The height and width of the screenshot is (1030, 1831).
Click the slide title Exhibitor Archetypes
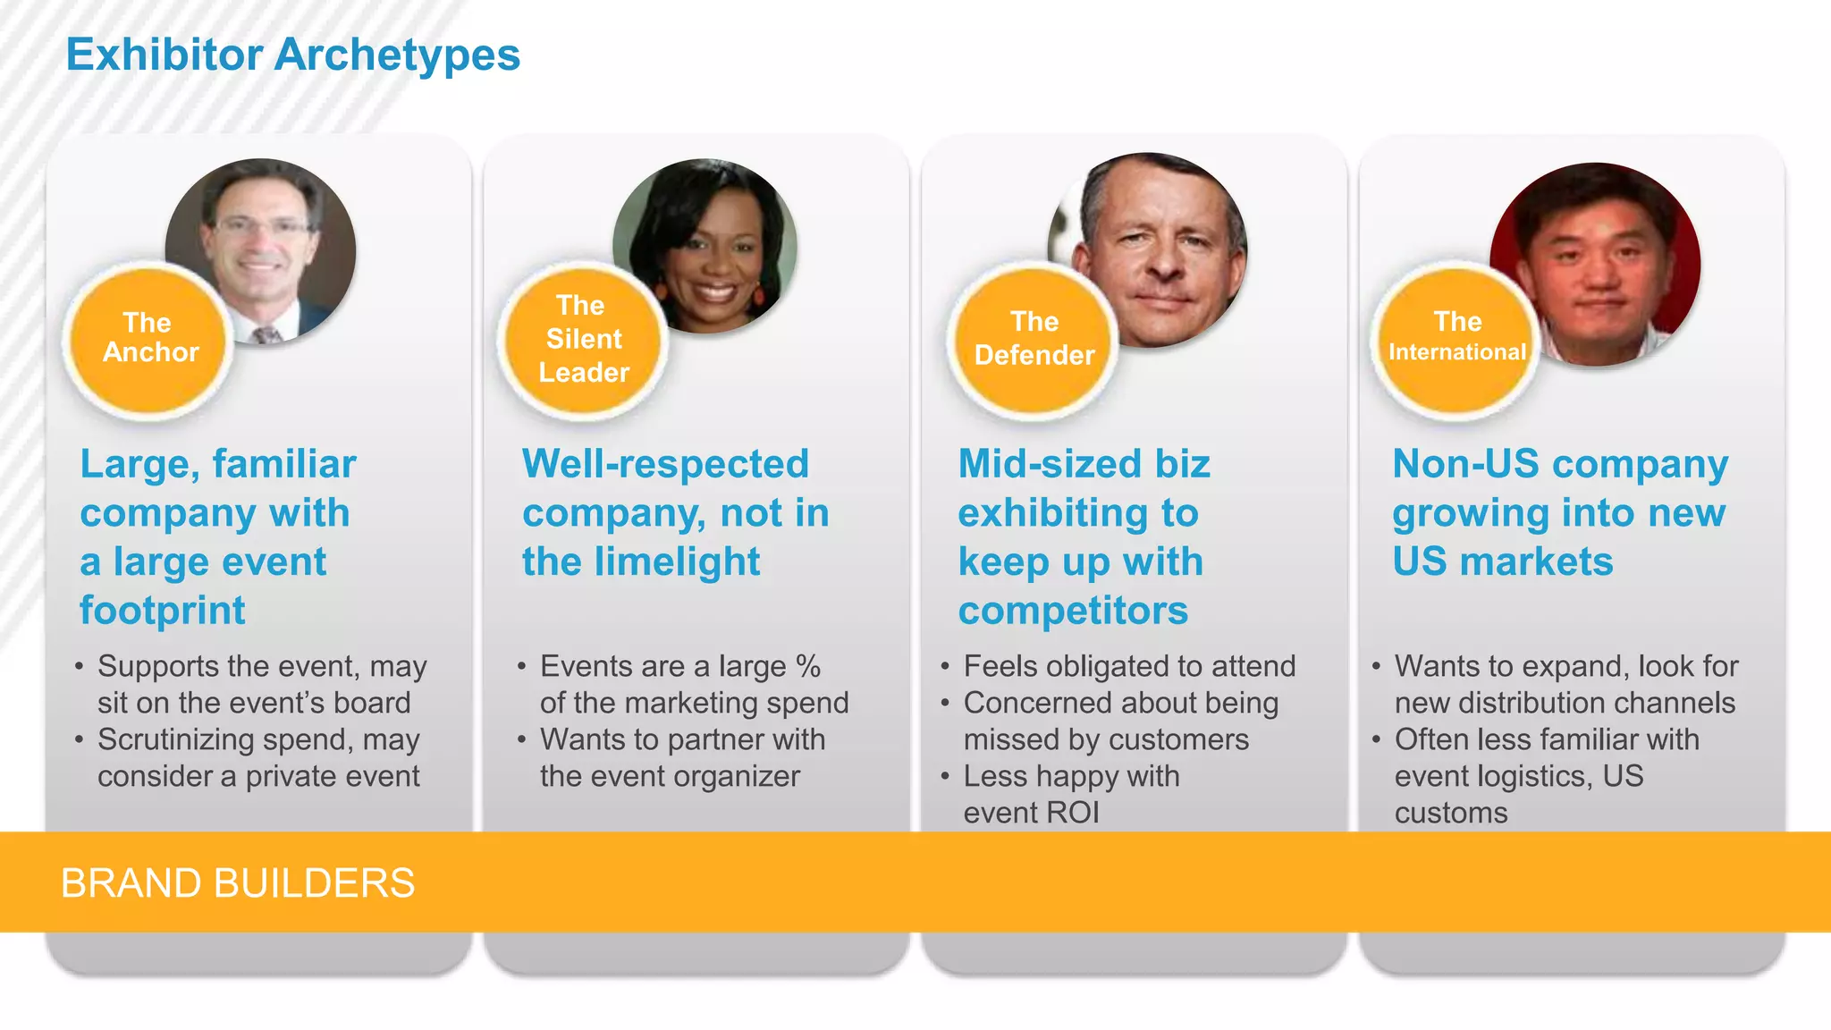(x=292, y=55)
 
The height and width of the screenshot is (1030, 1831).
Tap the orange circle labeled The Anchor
(x=148, y=339)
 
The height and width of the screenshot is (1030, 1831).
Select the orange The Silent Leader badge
(x=583, y=339)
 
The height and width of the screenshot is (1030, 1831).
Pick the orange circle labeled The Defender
(x=1034, y=339)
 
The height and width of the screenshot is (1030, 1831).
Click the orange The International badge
(x=1456, y=339)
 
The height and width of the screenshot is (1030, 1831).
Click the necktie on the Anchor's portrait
(x=266, y=335)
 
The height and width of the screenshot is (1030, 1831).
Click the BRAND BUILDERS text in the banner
(x=238, y=883)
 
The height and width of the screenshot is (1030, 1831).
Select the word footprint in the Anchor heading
(x=163, y=611)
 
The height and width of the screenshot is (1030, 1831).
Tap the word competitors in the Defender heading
(x=1073, y=611)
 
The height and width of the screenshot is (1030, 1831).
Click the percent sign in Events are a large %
(x=807, y=666)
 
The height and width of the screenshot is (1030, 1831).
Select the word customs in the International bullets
(x=1450, y=813)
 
